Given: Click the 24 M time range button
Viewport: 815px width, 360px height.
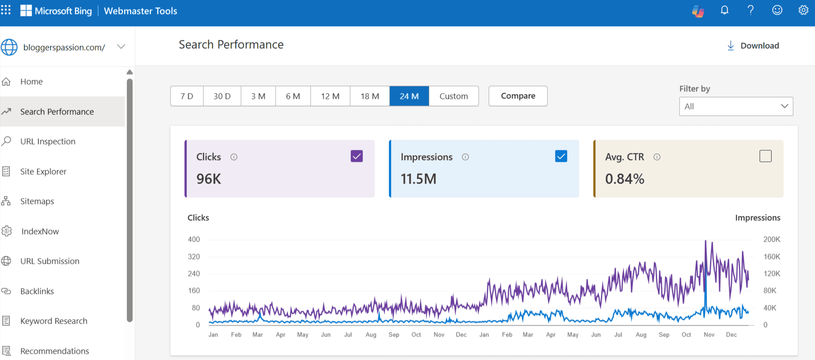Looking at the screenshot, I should click(409, 96).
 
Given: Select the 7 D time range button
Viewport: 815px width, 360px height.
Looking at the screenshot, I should click(187, 96).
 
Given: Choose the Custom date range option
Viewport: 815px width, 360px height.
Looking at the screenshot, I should click(453, 96).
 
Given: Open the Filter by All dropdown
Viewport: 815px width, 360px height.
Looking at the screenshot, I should click(736, 106).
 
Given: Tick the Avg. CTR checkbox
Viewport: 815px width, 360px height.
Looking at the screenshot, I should click(765, 156).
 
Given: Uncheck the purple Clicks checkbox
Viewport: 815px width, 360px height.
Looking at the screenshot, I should click(357, 156).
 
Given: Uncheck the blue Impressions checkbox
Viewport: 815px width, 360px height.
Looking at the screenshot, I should click(561, 156).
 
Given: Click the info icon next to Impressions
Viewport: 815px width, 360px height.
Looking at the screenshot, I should click(465, 157).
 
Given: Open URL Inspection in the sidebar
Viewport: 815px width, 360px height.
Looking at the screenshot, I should click(47, 141).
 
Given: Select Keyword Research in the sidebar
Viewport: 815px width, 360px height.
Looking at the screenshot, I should click(54, 321).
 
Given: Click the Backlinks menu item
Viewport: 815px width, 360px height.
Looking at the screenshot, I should click(37, 291).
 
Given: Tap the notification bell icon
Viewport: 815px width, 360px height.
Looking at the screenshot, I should click(725, 10).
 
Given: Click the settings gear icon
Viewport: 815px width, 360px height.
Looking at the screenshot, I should click(803, 10).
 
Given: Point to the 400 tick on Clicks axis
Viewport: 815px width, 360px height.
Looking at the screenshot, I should click(194, 239).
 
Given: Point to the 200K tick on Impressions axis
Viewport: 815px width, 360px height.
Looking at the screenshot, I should click(771, 239).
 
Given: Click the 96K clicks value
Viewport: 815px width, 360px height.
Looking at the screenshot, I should click(208, 179).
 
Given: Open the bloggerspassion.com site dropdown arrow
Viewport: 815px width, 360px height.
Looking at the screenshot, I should click(121, 47).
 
